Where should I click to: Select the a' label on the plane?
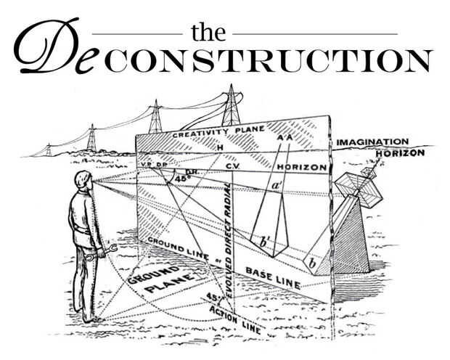(x=277, y=187)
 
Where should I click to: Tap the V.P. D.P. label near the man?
(x=148, y=165)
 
